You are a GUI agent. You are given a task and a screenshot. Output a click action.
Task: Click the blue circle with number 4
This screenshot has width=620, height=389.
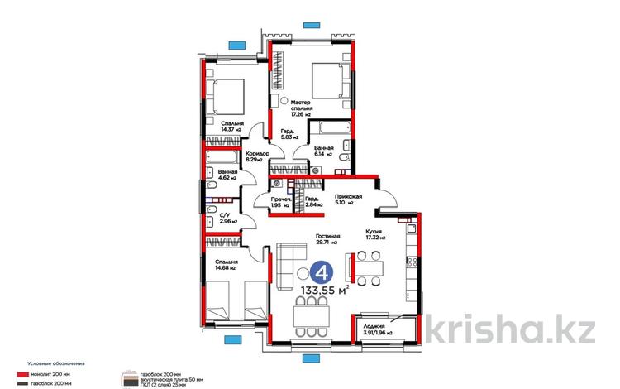(x=323, y=272)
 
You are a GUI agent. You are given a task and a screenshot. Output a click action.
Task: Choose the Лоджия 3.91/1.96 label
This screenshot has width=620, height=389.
(x=376, y=329)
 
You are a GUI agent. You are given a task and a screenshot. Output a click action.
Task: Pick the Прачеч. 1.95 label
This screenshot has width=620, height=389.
(x=280, y=202)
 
